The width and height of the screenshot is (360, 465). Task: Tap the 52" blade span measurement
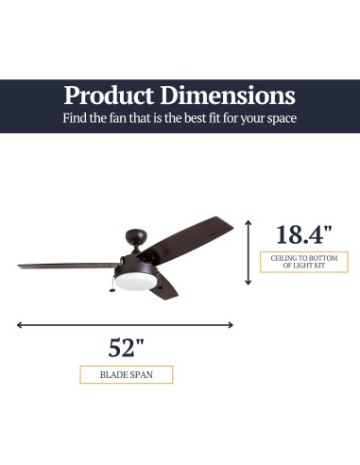(127, 347)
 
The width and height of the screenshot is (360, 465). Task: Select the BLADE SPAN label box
(127, 374)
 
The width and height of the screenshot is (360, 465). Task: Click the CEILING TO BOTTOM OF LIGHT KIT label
(302, 262)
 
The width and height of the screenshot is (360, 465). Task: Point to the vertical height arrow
(249, 252)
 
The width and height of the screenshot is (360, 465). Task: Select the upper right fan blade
(194, 240)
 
